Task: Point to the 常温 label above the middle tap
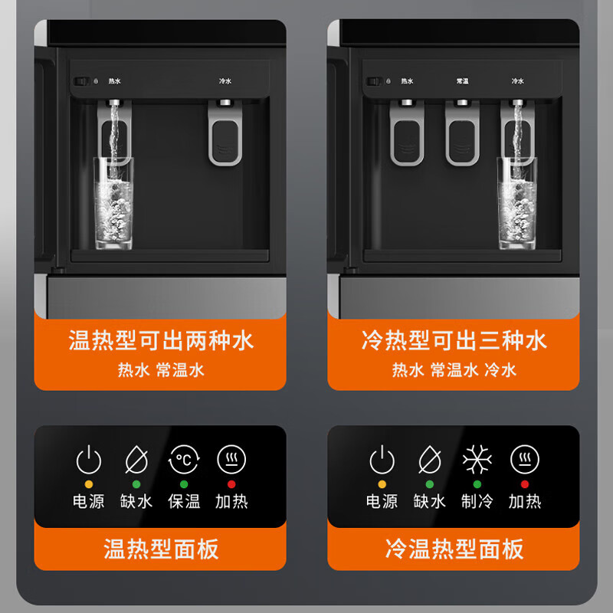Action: (x=462, y=80)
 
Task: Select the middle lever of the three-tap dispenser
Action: (x=462, y=135)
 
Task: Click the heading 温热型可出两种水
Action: (x=160, y=339)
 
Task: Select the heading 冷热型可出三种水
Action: (x=454, y=339)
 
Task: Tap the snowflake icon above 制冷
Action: (x=477, y=461)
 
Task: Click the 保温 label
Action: (x=184, y=502)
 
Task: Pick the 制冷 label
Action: (x=477, y=502)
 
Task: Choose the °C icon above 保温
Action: (x=184, y=461)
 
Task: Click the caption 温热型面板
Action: (x=160, y=549)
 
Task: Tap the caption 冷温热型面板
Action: (x=454, y=549)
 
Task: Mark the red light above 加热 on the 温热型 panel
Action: (x=232, y=484)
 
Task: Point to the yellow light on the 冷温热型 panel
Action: (x=382, y=484)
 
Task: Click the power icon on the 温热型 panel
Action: (x=89, y=461)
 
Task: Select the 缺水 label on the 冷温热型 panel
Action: (x=429, y=502)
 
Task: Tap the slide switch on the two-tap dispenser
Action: (x=77, y=80)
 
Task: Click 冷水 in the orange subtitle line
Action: (x=500, y=370)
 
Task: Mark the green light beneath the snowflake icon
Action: (x=477, y=484)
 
